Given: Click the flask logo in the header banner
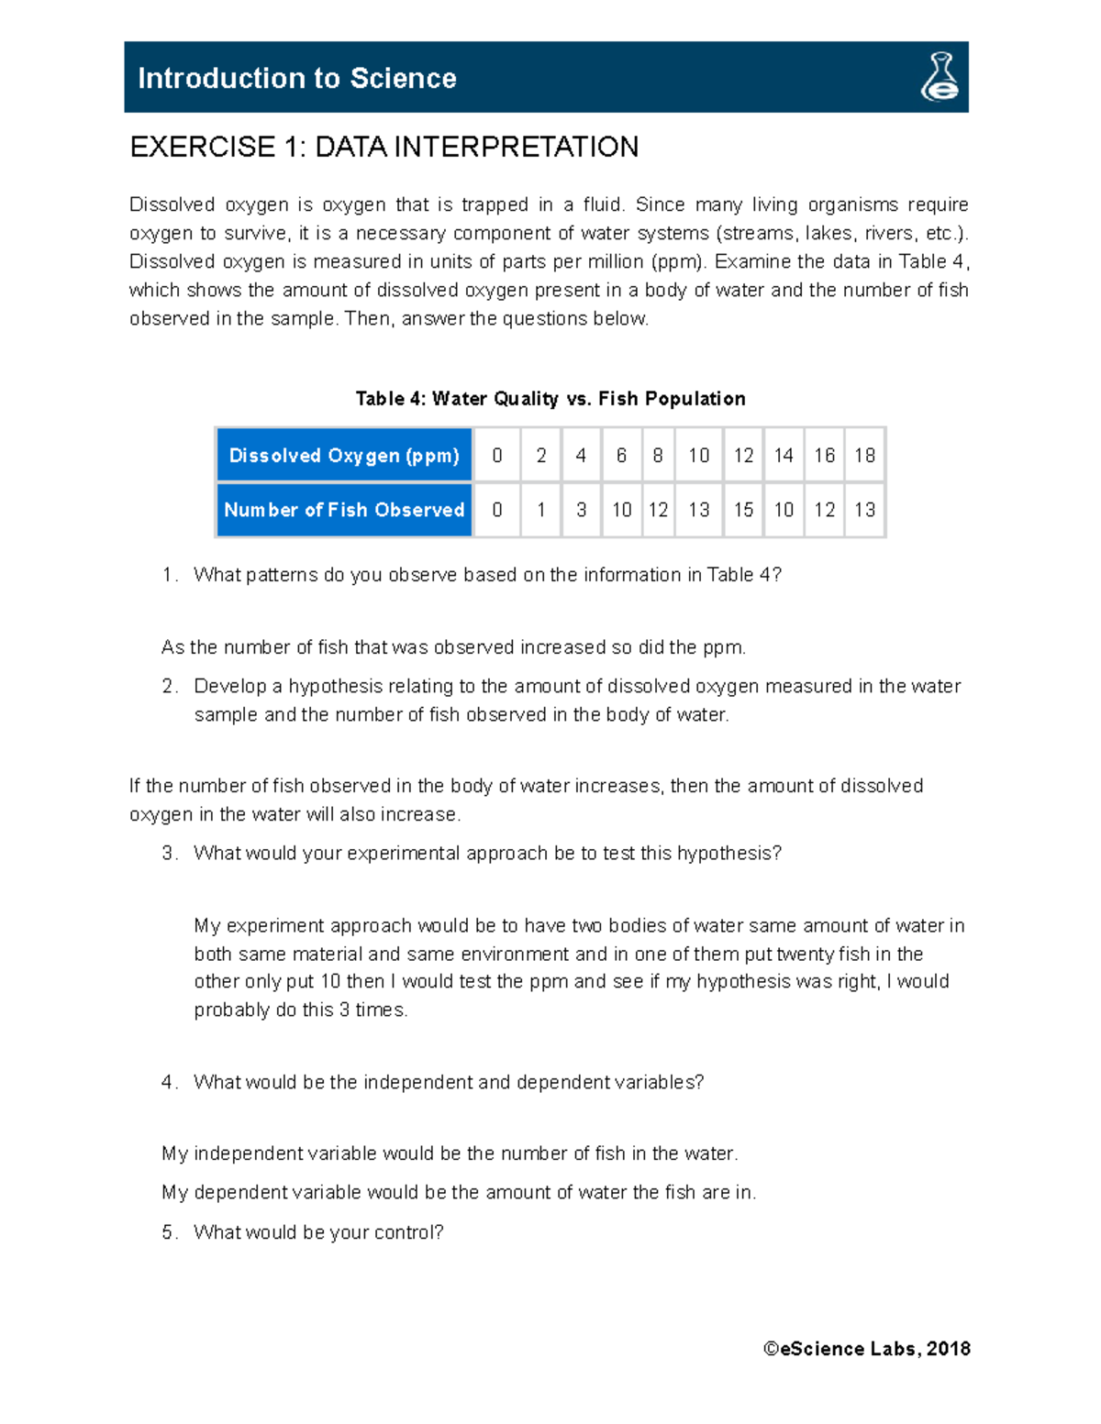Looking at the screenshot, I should pyautogui.click(x=940, y=77).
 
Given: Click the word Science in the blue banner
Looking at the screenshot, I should pyautogui.click(x=403, y=79).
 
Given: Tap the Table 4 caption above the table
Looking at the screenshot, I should pyautogui.click(x=550, y=399).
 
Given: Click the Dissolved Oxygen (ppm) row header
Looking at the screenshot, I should pyautogui.click(x=344, y=456).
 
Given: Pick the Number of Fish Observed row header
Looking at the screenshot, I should pyautogui.click(x=344, y=510).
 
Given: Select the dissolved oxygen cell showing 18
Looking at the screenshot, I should pyautogui.click(x=864, y=456).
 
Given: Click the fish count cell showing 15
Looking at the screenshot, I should pyautogui.click(x=743, y=510).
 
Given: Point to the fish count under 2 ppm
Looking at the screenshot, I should pyautogui.click(x=541, y=510).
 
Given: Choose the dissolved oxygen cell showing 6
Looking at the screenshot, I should pyautogui.click(x=621, y=456).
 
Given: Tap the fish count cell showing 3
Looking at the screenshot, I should pyautogui.click(x=581, y=510).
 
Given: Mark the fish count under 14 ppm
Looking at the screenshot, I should pyautogui.click(x=784, y=510).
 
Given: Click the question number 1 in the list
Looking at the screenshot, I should pyautogui.click(x=169, y=575).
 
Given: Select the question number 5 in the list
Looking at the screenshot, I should pyautogui.click(x=169, y=1232).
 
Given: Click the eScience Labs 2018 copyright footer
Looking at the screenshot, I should pyautogui.click(x=866, y=1349).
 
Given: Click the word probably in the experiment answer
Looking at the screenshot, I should pyautogui.click(x=227, y=1010).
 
